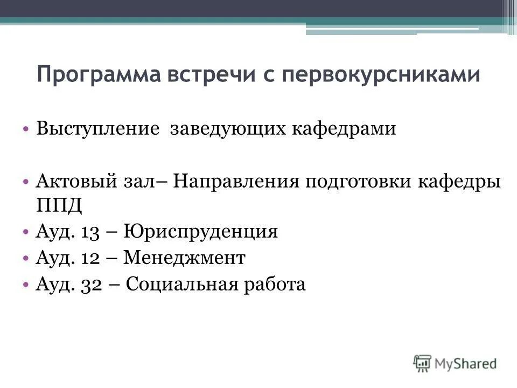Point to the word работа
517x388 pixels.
click(275, 285)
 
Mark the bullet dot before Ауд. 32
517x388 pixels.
click(26, 284)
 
